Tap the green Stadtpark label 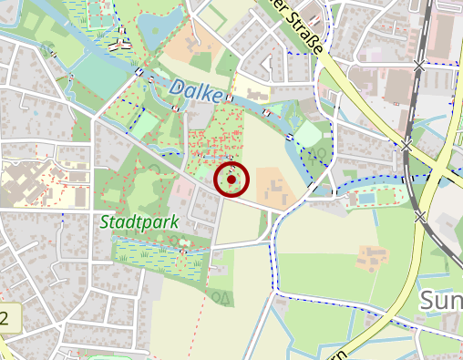pyautogui.click(x=139, y=221)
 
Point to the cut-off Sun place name pyautogui.click(x=441, y=301)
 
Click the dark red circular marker pyautogui.click(x=231, y=180)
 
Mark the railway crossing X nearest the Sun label pyautogui.click(x=420, y=217)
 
